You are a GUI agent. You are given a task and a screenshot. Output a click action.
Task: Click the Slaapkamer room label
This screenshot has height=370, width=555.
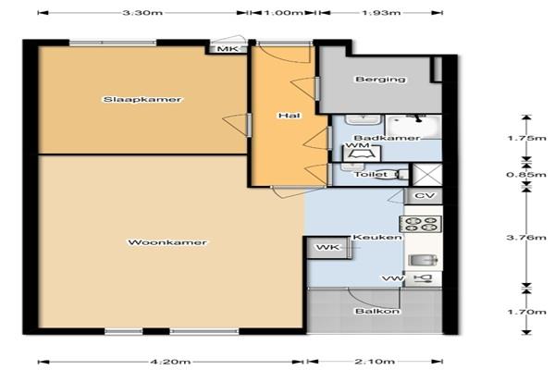point(142,100)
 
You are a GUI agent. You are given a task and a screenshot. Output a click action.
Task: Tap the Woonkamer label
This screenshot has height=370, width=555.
point(167,242)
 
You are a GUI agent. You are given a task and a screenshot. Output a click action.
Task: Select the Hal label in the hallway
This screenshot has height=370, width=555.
point(290,116)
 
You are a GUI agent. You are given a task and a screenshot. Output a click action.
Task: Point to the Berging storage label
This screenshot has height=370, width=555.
point(380,80)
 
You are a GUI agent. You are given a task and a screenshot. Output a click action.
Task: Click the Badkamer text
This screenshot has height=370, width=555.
point(387,138)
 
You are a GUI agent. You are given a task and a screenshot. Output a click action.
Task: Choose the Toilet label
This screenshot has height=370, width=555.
point(371,175)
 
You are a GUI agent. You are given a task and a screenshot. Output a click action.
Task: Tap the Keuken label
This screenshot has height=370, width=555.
point(377,237)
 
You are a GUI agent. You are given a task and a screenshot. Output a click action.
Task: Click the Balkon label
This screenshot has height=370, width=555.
point(377,311)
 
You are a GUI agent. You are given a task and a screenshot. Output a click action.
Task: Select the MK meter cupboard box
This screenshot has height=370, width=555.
point(228,49)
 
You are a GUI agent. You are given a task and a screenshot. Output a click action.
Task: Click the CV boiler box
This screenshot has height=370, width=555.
point(424,196)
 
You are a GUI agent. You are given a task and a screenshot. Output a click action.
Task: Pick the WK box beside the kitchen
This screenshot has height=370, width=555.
point(328,247)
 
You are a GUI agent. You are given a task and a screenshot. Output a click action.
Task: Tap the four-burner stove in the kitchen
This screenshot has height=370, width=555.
point(421,224)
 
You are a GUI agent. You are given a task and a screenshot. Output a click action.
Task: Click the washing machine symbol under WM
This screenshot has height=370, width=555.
point(362,154)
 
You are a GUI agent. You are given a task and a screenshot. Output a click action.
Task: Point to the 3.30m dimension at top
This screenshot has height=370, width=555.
point(142,13)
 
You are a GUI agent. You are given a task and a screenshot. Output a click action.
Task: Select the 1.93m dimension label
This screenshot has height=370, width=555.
point(381,13)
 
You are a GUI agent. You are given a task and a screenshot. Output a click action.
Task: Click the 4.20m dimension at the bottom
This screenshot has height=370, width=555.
point(170,362)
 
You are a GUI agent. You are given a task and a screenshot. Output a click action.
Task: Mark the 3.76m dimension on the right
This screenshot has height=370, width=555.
point(526,237)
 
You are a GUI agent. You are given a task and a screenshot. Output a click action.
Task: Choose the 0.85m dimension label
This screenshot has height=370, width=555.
point(526,175)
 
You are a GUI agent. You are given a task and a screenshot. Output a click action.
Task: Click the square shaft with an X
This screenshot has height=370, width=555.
point(427,175)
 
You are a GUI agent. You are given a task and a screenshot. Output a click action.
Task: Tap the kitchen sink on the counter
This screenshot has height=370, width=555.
point(423,260)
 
